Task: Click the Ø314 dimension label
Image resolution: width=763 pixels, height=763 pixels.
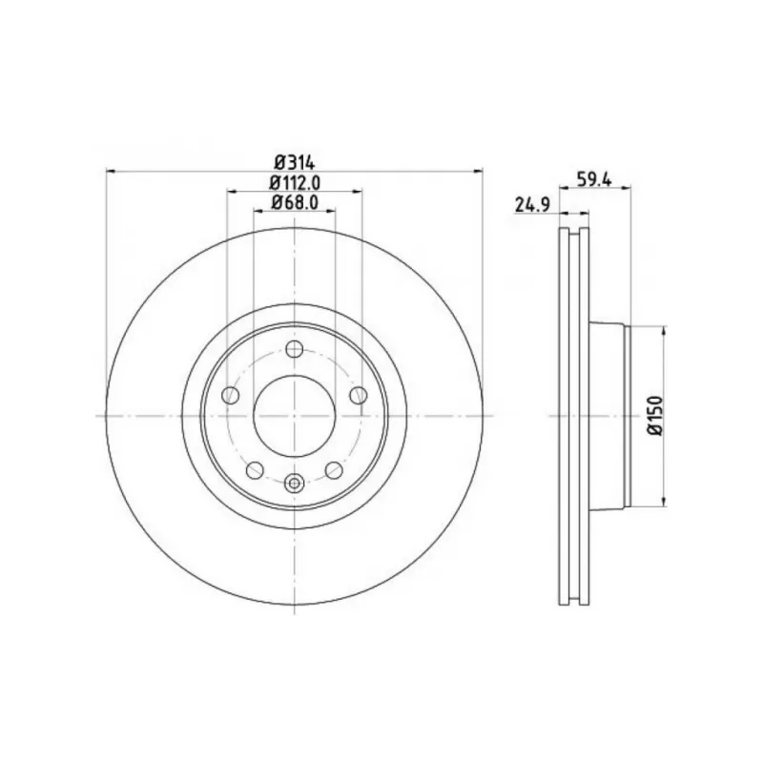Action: (x=295, y=161)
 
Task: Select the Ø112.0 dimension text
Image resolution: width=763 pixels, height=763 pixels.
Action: (x=295, y=182)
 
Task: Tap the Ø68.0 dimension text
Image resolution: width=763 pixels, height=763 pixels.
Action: (x=295, y=202)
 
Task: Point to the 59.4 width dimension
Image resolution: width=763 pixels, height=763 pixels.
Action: (x=593, y=179)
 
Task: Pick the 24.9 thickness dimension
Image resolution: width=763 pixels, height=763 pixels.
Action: (x=532, y=205)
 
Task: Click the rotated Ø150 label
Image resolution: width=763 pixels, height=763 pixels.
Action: (x=655, y=415)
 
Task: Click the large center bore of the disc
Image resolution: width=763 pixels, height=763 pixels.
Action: (x=295, y=416)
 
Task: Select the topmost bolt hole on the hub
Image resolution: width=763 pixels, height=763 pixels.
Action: (x=295, y=349)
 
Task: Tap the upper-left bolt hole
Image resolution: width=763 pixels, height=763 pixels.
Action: (x=230, y=395)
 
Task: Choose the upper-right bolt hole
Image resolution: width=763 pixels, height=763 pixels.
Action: (x=359, y=395)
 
